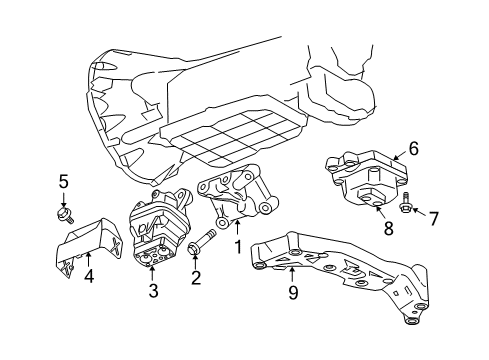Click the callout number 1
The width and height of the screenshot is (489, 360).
(x=238, y=246)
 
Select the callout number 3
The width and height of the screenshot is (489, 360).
(x=153, y=291)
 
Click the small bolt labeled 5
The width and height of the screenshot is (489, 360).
(x=64, y=213)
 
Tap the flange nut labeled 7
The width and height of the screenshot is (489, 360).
(x=409, y=209)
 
